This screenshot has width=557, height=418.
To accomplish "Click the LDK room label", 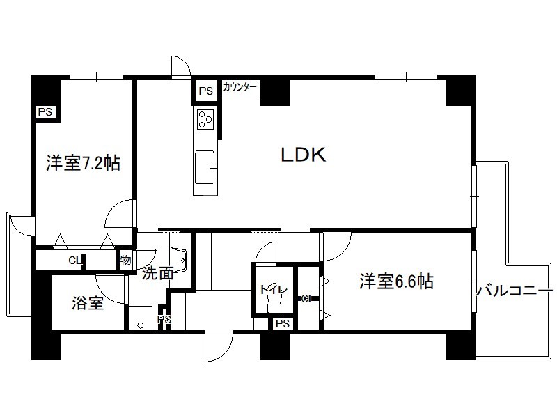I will [x=304, y=155].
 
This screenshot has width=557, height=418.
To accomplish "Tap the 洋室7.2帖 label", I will [x=83, y=164].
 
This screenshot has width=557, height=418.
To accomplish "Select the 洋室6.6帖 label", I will [x=396, y=282].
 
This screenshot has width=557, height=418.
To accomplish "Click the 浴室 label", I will [x=88, y=304].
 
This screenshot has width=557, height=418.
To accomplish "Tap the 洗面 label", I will [x=157, y=273].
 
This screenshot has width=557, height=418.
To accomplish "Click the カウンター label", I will [x=240, y=87].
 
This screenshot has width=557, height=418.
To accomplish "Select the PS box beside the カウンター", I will [x=205, y=91].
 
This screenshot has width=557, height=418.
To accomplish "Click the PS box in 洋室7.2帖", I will [x=45, y=111].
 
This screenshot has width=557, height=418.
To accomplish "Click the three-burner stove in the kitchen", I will [x=205, y=119].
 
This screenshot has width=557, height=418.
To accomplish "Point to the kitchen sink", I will [x=205, y=167].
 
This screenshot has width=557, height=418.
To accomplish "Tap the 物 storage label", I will [x=125, y=260].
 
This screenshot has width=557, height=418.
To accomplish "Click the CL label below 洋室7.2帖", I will [x=74, y=261].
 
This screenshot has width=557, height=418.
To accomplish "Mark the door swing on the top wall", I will [x=180, y=65].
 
